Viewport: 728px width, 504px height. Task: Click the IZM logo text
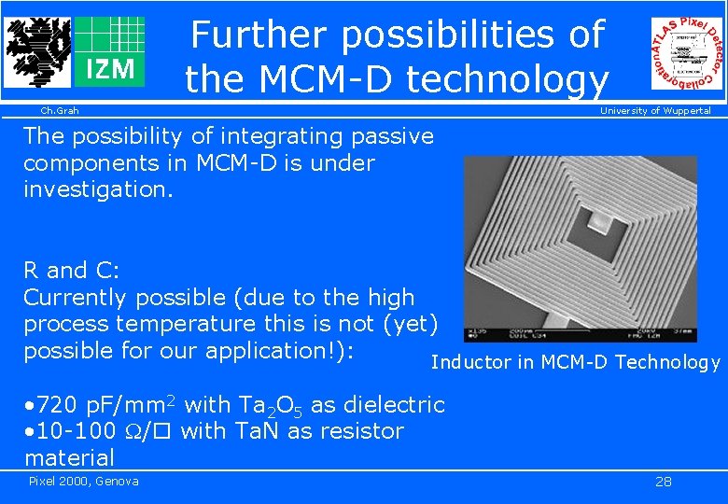(109, 69)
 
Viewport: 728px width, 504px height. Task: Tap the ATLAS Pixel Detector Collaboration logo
(687, 54)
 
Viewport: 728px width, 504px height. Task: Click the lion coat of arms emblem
(36, 51)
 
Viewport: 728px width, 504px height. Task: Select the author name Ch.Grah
(59, 111)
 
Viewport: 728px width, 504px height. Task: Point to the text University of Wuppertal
(655, 111)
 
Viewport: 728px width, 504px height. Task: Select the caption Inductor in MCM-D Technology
(575, 362)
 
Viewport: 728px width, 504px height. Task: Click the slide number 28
(664, 482)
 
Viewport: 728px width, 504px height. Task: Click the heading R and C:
(72, 272)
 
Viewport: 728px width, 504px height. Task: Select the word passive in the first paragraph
(392, 136)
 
